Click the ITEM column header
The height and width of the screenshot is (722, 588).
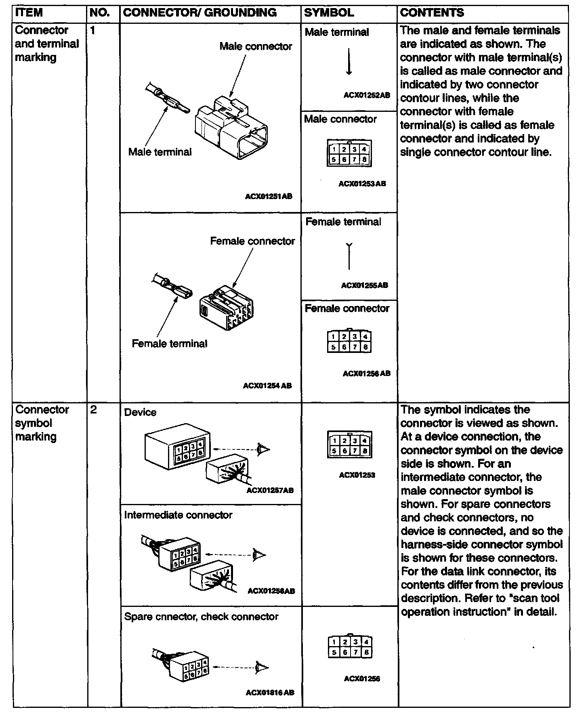29,13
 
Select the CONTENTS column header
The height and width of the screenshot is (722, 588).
432,13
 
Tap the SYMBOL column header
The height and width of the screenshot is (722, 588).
329,13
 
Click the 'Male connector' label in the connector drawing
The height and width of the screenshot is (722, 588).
256,46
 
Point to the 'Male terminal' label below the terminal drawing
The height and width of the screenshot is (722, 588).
160,152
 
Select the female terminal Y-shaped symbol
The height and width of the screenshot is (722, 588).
349,256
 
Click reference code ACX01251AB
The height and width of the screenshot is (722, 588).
269,197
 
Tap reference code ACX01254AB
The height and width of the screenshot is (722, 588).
267,386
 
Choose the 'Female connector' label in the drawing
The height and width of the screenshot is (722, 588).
252,241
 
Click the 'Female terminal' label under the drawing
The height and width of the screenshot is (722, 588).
170,344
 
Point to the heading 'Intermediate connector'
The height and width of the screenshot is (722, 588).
178,515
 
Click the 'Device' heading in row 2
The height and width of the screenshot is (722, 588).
140,412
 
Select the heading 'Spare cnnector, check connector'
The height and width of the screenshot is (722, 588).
201,617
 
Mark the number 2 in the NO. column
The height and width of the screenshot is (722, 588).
93,410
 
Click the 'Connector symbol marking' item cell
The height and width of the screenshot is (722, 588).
42,423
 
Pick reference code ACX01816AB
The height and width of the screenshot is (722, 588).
270,693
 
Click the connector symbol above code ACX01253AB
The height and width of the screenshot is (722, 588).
349,153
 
